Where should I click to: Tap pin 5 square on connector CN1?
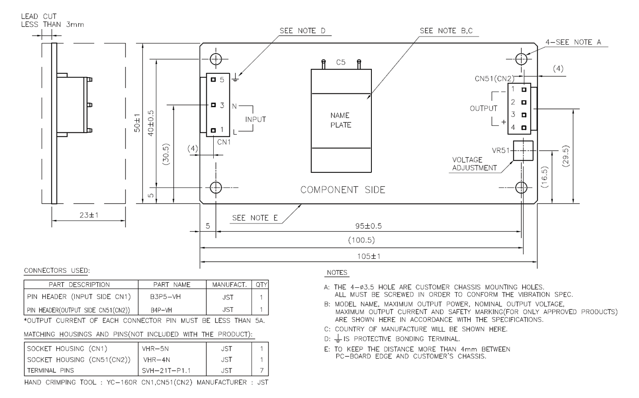point(213,79)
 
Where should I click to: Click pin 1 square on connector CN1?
point(213,130)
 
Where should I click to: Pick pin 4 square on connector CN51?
point(524,128)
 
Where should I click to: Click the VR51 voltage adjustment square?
point(523,151)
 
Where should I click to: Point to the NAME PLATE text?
point(341,120)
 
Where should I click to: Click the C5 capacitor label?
point(341,62)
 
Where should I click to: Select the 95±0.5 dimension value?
point(368,226)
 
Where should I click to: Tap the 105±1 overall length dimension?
point(369,257)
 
